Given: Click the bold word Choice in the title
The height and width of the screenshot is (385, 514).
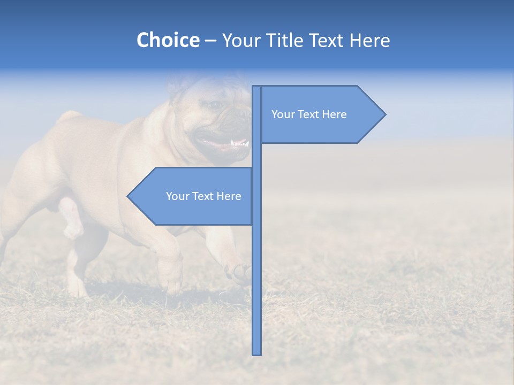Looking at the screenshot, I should [x=168, y=40].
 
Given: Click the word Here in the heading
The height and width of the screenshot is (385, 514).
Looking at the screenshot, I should [x=370, y=40].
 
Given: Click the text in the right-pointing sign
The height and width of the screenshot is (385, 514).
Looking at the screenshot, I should [x=309, y=114].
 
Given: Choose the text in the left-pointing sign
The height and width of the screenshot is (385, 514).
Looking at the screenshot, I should [x=203, y=196].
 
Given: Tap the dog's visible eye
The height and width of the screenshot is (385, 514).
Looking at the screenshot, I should [x=215, y=105].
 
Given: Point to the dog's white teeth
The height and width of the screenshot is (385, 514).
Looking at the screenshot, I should [x=239, y=143].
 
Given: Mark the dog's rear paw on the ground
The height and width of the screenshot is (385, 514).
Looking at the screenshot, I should [x=77, y=289].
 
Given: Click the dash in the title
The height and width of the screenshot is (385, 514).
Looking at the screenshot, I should [x=210, y=40].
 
